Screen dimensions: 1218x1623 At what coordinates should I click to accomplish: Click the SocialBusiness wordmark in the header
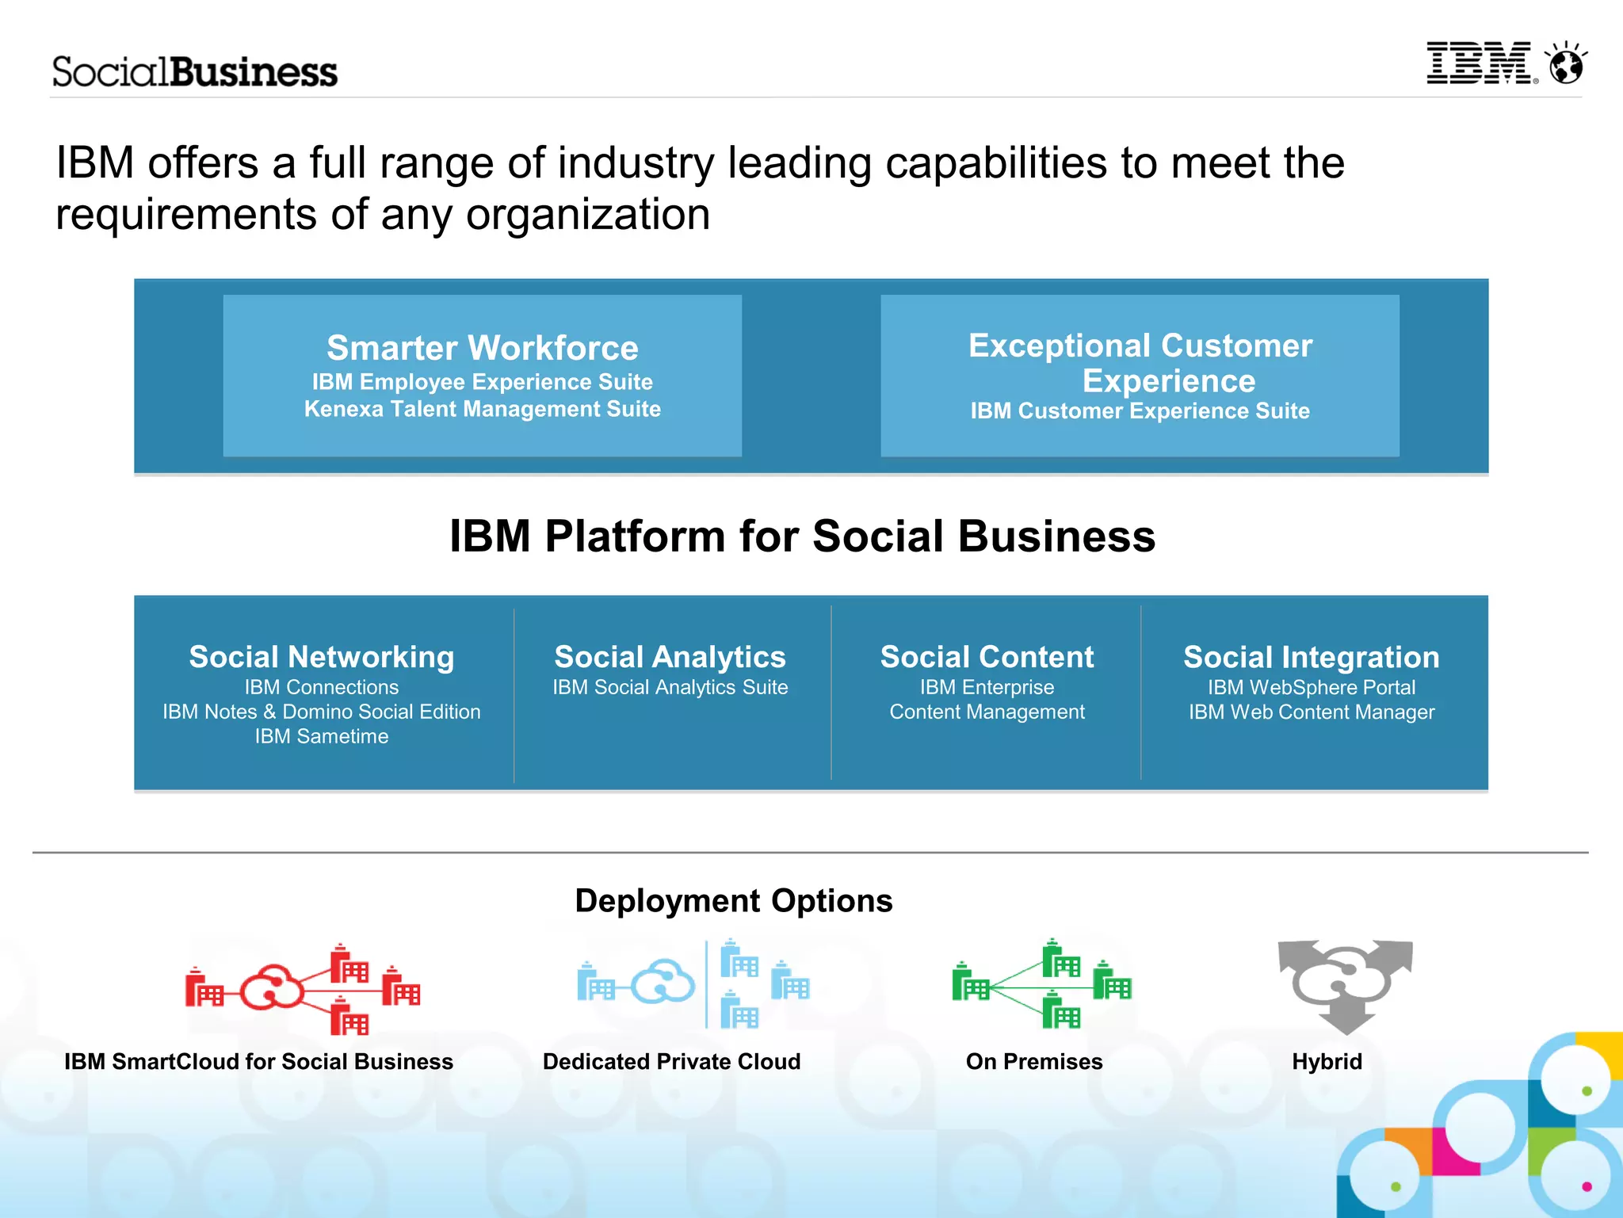195,72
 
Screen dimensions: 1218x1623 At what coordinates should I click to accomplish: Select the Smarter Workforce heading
482,348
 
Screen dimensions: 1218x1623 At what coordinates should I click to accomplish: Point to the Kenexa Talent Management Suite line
482,409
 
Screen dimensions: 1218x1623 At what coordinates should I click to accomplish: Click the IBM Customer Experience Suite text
1140,410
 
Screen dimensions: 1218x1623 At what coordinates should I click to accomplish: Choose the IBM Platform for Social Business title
802,536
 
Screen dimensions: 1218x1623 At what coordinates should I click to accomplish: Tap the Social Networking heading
321,657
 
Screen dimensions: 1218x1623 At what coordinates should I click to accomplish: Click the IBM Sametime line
321,736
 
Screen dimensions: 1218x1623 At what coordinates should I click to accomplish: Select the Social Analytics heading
670,657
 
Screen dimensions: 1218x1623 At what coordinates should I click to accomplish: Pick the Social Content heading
987,657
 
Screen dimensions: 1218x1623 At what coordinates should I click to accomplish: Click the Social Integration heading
1311,657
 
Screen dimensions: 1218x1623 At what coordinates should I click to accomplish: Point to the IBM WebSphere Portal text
1311,687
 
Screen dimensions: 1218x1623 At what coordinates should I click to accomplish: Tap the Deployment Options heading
733,901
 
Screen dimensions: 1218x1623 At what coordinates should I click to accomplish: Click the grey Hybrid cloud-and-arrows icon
1345,985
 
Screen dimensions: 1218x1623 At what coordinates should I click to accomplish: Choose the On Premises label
1033,1062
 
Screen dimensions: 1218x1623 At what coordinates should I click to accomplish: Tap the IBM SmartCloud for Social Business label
258,1062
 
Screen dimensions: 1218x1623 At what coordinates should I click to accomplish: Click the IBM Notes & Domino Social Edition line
321,712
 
